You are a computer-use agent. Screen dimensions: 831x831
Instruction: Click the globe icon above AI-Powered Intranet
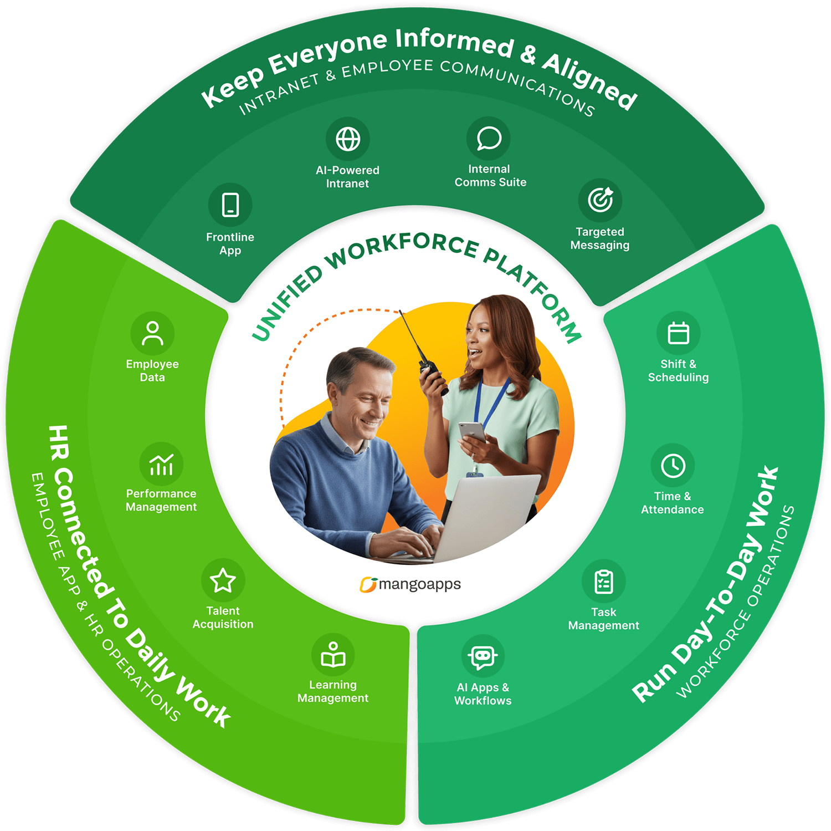tap(348, 139)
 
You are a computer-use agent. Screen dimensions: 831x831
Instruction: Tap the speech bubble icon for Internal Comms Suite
tap(489, 138)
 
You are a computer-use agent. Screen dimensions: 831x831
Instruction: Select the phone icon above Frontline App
tap(230, 205)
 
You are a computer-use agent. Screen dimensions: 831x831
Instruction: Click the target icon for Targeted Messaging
tap(601, 200)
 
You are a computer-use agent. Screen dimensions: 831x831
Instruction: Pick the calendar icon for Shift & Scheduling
tap(678, 333)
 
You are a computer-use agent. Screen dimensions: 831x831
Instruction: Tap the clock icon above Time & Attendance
tap(673, 466)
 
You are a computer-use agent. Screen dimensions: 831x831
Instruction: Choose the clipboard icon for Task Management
tap(604, 582)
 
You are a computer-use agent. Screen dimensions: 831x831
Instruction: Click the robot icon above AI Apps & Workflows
tap(483, 657)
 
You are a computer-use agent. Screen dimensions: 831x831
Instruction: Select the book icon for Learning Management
tap(333, 655)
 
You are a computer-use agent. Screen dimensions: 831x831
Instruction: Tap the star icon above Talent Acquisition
tap(223, 580)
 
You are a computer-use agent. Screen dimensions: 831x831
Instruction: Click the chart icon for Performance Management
tap(161, 465)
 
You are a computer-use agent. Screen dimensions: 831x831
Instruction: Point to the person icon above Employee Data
tap(152, 334)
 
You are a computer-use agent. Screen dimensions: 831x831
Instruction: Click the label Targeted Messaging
tap(600, 238)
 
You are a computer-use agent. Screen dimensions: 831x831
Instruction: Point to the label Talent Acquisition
tap(223, 618)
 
